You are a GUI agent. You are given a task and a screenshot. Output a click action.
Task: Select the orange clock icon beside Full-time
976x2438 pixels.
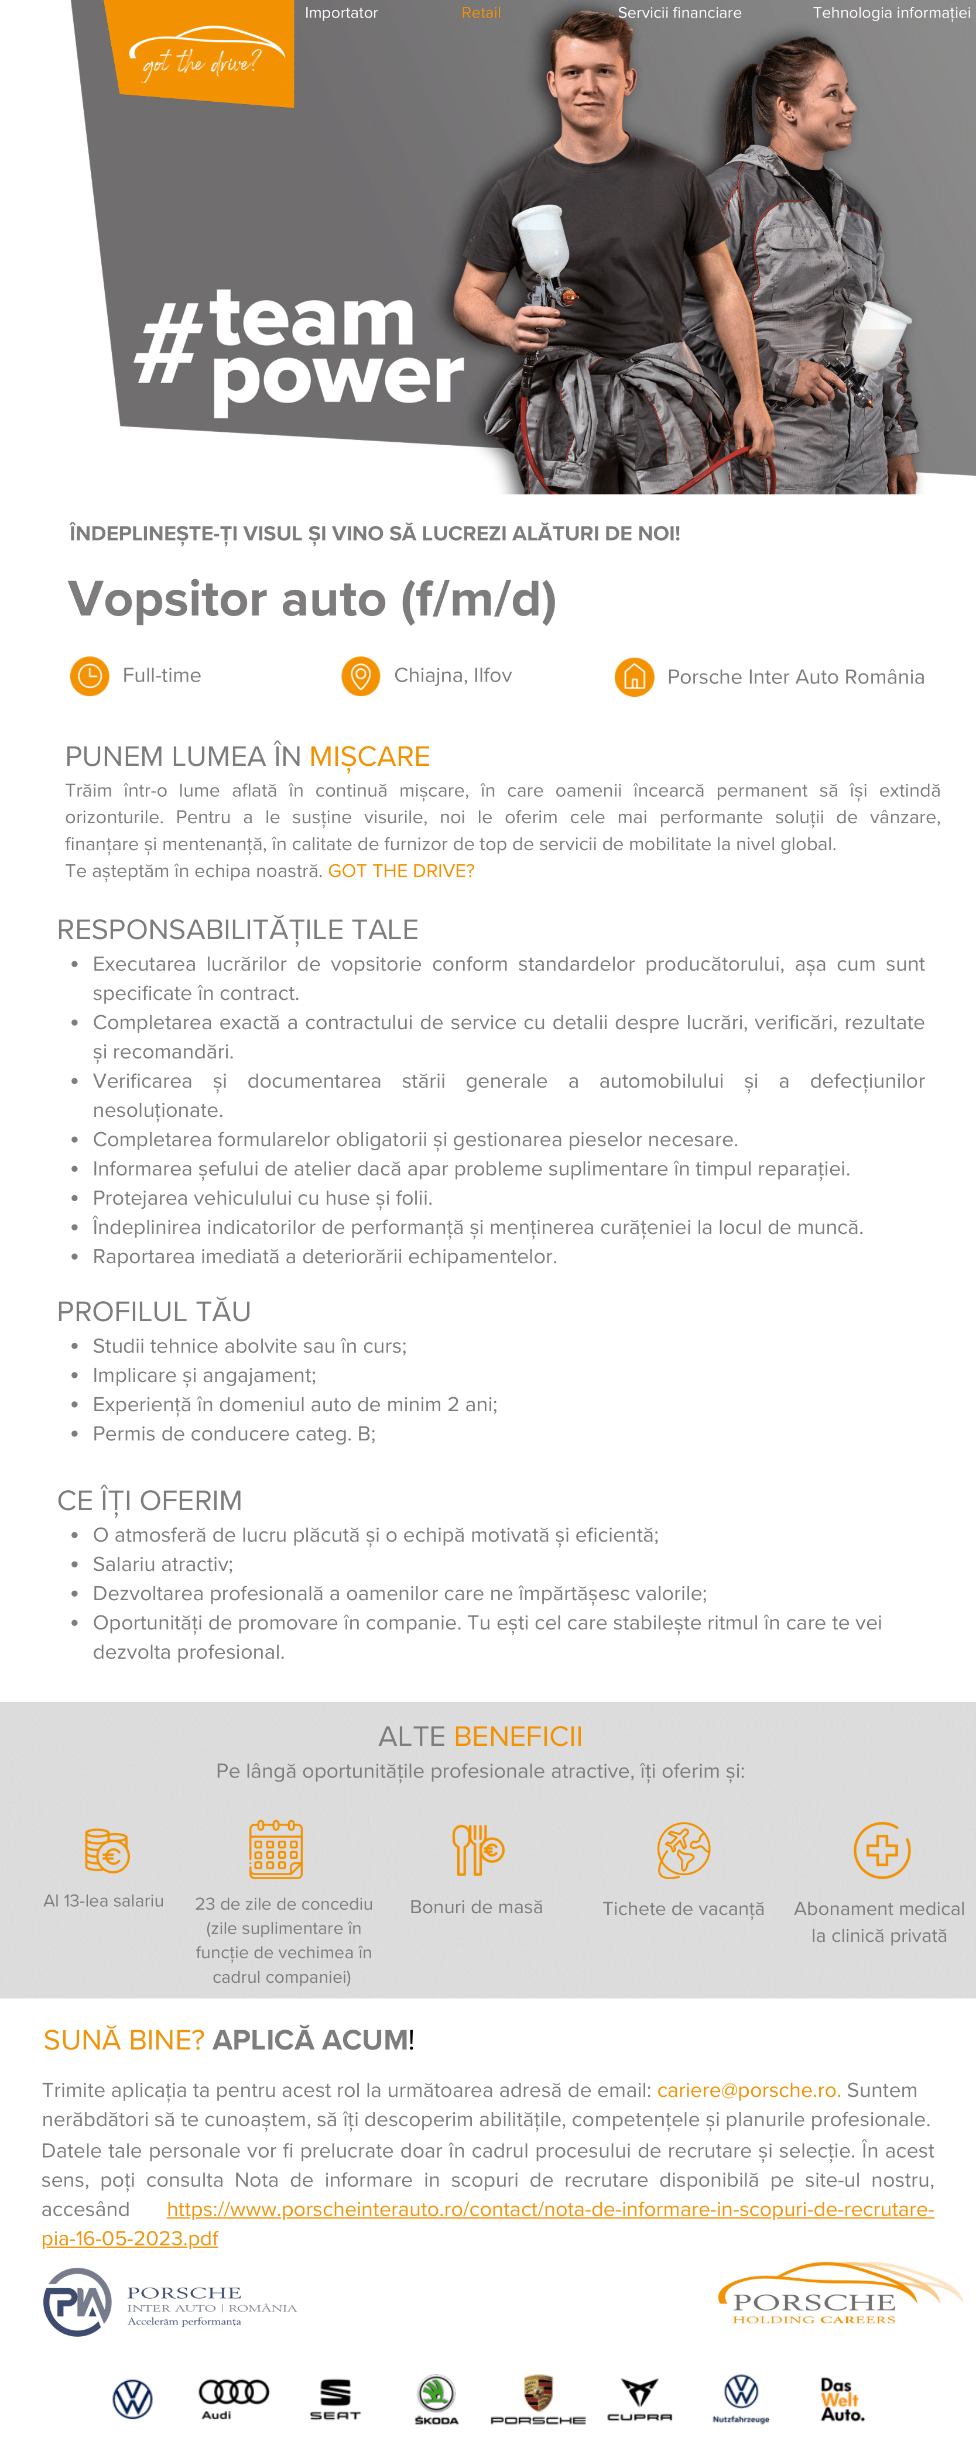point(90,676)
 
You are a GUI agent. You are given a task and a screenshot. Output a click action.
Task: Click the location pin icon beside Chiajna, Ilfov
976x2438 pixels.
point(359,676)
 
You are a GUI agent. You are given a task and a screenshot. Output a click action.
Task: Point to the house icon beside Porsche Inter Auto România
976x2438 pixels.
point(634,677)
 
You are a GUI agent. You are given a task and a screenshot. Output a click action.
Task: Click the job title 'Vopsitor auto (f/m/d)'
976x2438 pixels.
point(313,599)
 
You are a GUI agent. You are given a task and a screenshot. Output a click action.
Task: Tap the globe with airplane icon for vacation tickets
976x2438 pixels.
point(683,1849)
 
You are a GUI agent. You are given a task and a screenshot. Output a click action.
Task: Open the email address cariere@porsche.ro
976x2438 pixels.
point(748,2090)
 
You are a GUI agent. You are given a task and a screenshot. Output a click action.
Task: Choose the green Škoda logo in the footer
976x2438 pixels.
point(436,2397)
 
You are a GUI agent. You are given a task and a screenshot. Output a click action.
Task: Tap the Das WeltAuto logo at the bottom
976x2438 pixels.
point(841,2399)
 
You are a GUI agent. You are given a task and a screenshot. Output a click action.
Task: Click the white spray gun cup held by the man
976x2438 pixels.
point(542,241)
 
